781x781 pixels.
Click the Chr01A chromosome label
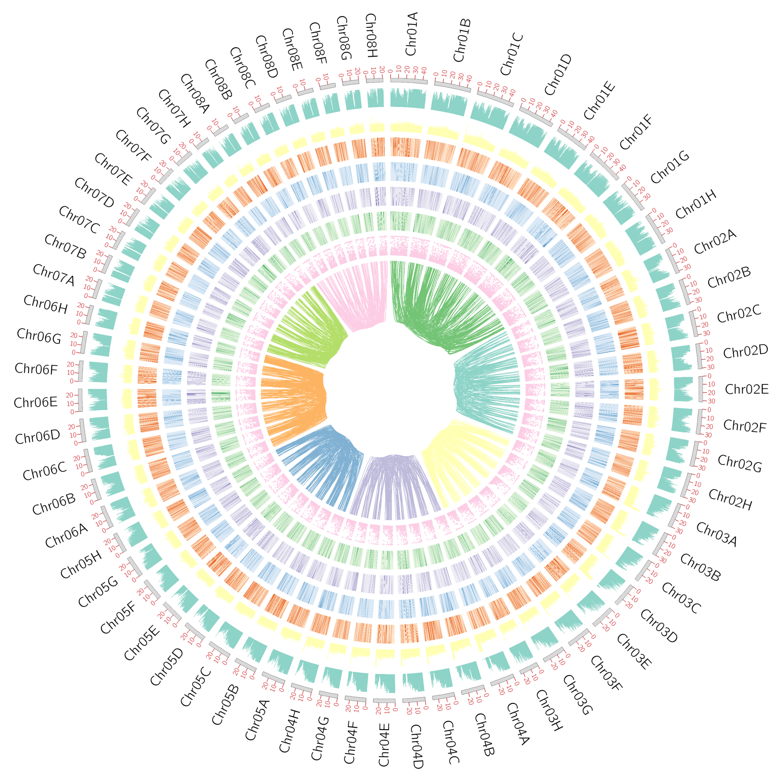point(411,34)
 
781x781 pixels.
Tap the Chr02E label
point(747,389)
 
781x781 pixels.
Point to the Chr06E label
point(35,403)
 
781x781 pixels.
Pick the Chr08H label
point(371,35)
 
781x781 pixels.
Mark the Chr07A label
point(54,275)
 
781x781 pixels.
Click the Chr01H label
point(696,205)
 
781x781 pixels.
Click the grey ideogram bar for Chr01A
point(409,81)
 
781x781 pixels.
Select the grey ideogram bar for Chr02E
point(701,389)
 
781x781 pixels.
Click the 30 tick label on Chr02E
point(712,401)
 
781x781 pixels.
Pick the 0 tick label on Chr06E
point(72,412)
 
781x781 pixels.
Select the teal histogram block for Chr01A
point(408,99)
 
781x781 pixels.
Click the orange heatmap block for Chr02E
point(633,389)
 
